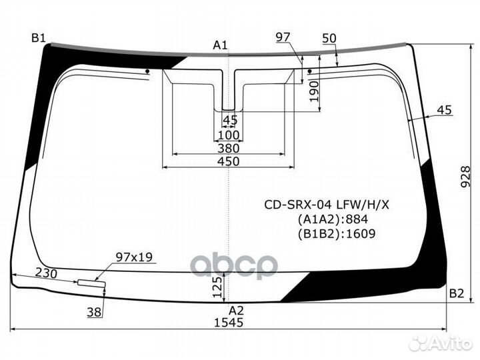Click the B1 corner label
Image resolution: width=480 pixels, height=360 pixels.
pyautogui.click(x=38, y=38)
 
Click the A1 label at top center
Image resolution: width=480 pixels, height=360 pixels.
pyautogui.click(x=220, y=45)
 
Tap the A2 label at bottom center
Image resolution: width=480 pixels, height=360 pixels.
pyautogui.click(x=236, y=310)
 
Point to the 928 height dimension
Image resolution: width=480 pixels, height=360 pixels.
pyautogui.click(x=469, y=177)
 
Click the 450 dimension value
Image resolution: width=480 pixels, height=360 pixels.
pyautogui.click(x=228, y=162)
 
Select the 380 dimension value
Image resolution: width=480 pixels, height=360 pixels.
pyautogui.click(x=228, y=148)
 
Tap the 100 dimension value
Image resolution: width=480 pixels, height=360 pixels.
pyautogui.click(x=228, y=135)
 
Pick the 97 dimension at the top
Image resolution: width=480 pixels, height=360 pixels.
pyautogui.click(x=283, y=37)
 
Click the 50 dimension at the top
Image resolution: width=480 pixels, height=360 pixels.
pyautogui.click(x=329, y=38)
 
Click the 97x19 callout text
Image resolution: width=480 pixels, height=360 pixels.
pyautogui.click(x=134, y=257)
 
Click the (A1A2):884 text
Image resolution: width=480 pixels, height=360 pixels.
pyautogui.click(x=332, y=219)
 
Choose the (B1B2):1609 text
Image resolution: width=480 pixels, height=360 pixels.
pyautogui.click(x=336, y=233)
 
